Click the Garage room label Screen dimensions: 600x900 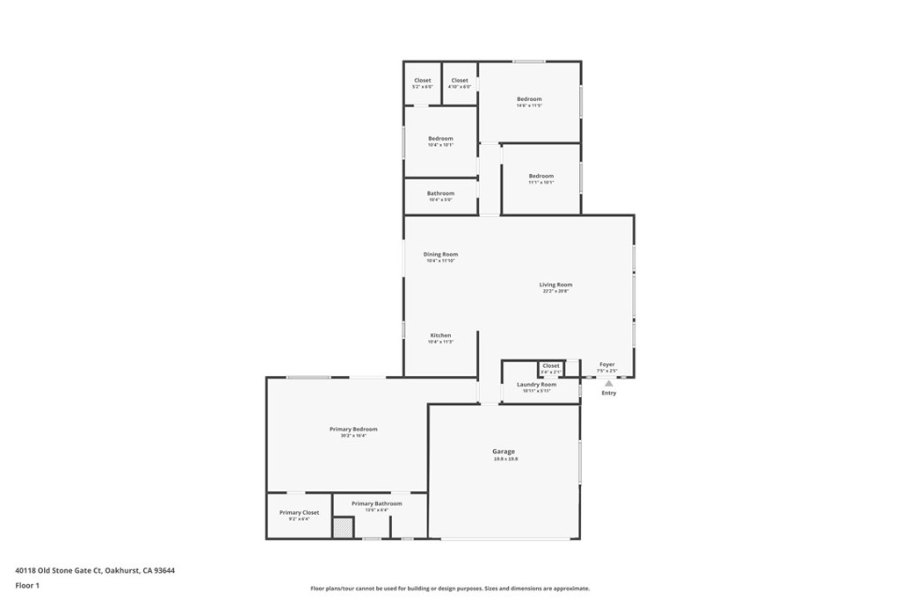504,452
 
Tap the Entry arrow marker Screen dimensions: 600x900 608,384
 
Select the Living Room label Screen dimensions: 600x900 555,285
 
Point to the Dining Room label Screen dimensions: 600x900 440,255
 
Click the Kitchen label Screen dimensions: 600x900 440,336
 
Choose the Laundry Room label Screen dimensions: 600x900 536,385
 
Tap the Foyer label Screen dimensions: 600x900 607,364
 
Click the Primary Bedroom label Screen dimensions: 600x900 353,429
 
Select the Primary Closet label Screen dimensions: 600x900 299,512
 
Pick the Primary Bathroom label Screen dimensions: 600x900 376,503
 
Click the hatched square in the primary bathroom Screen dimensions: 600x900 342,528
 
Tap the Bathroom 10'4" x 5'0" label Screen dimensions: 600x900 440,193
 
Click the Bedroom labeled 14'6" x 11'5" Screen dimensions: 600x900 529,99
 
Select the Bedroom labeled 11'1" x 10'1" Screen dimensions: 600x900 541,176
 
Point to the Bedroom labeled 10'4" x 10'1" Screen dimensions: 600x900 440,139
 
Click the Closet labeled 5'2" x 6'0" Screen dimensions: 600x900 423,81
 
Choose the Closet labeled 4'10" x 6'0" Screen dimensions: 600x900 460,81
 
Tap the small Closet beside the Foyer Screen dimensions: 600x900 551,366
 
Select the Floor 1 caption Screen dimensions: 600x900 27,585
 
